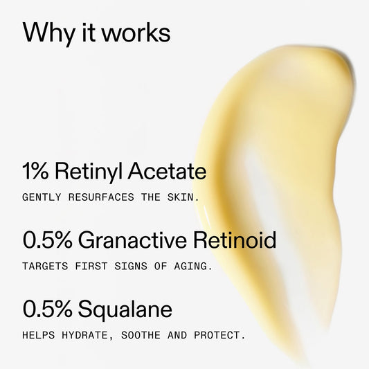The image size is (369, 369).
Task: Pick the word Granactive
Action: (130, 240)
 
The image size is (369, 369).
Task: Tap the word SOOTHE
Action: (145, 335)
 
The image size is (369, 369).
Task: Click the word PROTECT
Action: (220, 335)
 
